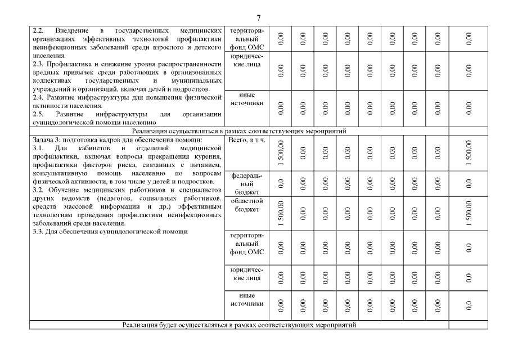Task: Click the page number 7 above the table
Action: (x=258, y=17)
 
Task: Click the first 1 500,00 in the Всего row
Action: (x=281, y=152)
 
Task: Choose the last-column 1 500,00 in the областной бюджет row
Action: (x=469, y=213)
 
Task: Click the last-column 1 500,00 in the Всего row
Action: (x=469, y=152)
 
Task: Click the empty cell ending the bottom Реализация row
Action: (x=468, y=325)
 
